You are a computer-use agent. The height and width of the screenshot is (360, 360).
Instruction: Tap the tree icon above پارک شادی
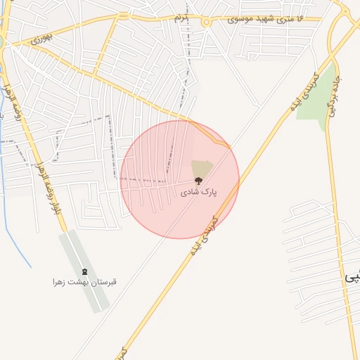(x=198, y=181)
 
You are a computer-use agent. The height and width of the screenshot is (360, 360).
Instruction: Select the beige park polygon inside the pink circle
(x=201, y=169)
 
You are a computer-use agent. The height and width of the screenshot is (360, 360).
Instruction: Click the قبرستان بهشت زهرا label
(x=84, y=282)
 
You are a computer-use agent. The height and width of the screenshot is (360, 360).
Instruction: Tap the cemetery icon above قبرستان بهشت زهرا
(x=85, y=272)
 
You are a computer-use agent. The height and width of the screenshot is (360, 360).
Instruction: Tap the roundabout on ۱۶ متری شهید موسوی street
(x=206, y=22)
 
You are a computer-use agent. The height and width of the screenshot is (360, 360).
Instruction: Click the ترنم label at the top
(x=182, y=18)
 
